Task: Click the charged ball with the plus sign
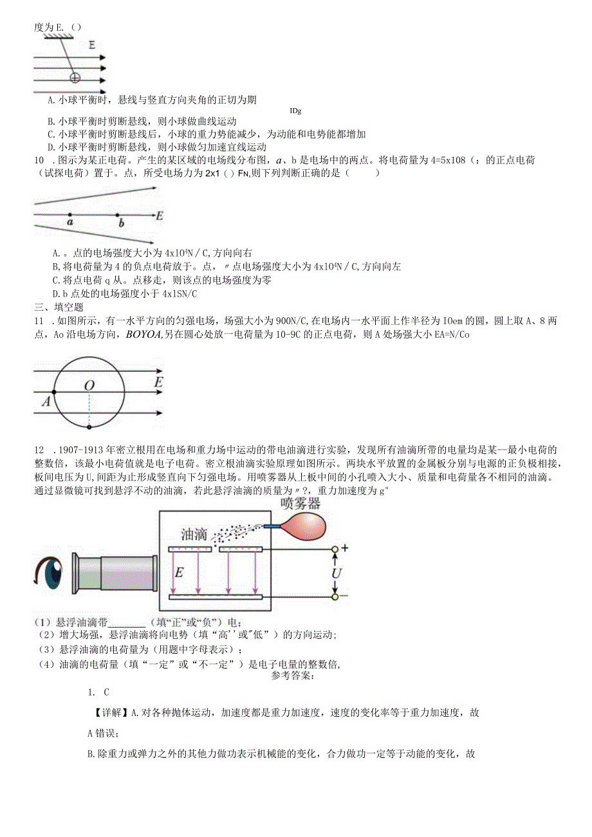[x=75, y=78]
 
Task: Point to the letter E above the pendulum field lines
[x=93, y=46]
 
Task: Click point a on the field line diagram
[x=69, y=215]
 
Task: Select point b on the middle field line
[x=117, y=215]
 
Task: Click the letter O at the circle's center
[x=89, y=385]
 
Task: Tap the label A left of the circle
[x=46, y=401]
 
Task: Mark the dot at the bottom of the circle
[x=89, y=426]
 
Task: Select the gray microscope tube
[x=116, y=573]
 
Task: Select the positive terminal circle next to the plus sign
[x=335, y=549]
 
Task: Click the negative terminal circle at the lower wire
[x=335, y=597]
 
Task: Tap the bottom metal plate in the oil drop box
[x=216, y=597]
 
